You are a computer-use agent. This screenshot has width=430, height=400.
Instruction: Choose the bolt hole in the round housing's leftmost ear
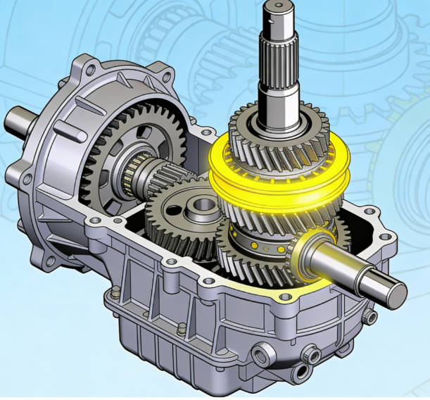[12, 173]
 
